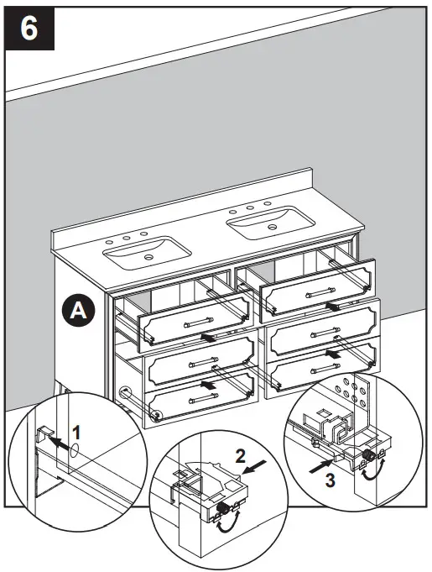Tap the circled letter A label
[78, 310]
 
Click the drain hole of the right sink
[274, 227]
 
